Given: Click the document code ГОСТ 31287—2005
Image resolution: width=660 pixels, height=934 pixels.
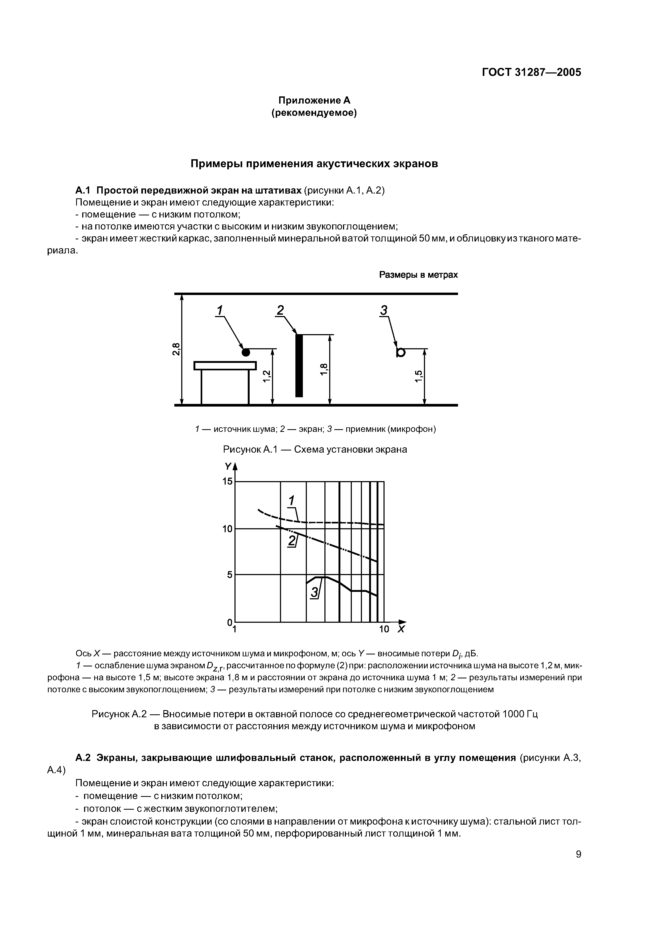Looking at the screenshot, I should (x=531, y=72).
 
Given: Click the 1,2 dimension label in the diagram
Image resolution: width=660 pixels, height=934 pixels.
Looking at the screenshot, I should (x=266, y=377).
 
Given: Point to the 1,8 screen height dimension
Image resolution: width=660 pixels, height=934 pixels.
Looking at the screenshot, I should (x=323, y=369).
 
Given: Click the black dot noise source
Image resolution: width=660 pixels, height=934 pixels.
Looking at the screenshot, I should (x=246, y=352).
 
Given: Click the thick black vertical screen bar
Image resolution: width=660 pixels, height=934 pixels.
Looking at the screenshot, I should (x=299, y=365).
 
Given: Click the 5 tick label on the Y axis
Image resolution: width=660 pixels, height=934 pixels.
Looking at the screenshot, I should (x=230, y=575).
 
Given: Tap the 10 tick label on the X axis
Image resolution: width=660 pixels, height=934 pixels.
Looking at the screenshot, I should (x=383, y=630).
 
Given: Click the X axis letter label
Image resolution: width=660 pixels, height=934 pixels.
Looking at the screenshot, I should (x=401, y=630).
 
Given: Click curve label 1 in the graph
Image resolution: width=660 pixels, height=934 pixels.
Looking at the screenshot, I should (x=291, y=500).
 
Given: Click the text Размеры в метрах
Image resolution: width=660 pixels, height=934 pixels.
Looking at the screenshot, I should (x=418, y=275).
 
